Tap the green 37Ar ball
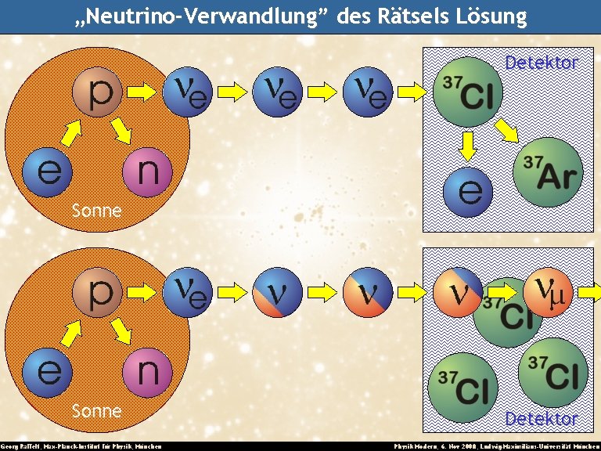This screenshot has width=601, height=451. pos(549,172)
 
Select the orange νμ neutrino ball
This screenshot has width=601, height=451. pos(549,292)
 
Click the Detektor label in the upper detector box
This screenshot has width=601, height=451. pos(541,63)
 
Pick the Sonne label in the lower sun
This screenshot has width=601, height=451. pos(96,410)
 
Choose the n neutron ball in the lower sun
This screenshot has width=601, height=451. pos(149,370)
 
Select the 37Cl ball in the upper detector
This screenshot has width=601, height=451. pos(468,92)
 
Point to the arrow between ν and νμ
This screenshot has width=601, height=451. pos(502,292)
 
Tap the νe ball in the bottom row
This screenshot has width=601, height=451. pos(189,292)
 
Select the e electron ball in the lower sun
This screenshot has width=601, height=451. pos(49,371)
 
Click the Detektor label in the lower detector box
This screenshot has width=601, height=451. pos(541,419)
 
